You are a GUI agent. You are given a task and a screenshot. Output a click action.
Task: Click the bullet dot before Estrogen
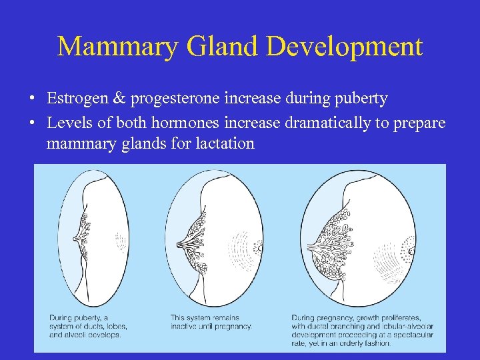[x=32, y=99]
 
